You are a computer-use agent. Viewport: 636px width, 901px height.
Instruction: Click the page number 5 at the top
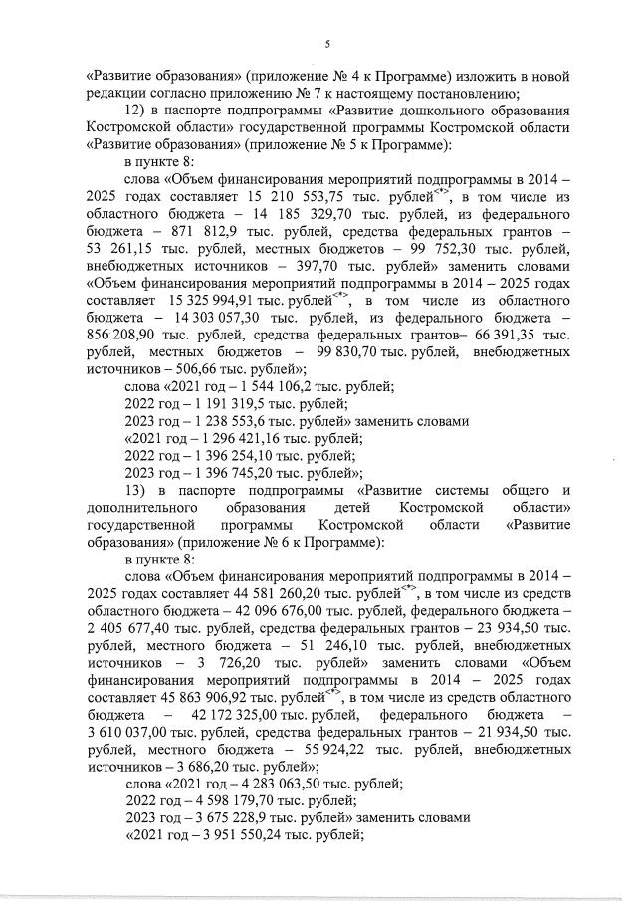pos(327,43)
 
